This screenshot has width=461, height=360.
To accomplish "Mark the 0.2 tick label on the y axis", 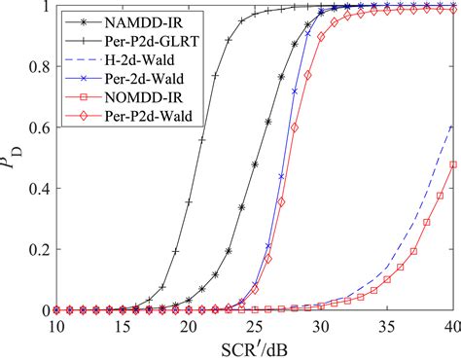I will tap(37, 249).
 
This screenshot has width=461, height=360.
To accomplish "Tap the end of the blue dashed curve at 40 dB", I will tap(453, 126).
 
